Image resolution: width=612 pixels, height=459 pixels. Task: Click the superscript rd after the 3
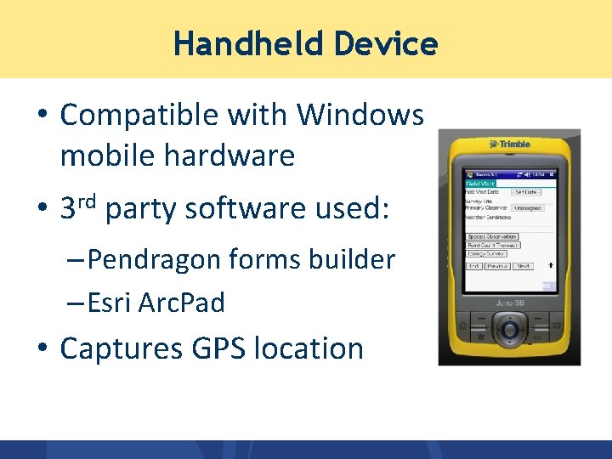[x=91, y=200]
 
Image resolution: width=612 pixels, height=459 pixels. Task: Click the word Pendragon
[x=157, y=259]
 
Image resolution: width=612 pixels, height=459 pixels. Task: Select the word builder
[x=353, y=259]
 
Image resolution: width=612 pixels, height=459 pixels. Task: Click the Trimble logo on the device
[x=509, y=144]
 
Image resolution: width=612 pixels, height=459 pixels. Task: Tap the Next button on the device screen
[x=524, y=266]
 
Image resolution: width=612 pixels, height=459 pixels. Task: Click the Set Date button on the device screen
[x=526, y=192]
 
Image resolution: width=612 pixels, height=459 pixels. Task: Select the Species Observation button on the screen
[x=491, y=237]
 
